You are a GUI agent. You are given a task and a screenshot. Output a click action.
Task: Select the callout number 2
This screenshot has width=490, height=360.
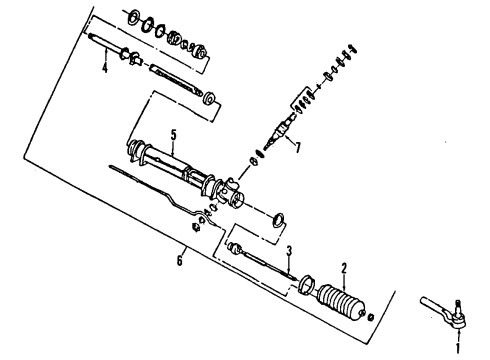(x=343, y=268)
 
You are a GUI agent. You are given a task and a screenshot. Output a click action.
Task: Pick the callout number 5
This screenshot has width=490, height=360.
(x=173, y=135)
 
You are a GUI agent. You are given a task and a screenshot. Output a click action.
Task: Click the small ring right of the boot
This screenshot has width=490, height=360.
(x=372, y=317)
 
